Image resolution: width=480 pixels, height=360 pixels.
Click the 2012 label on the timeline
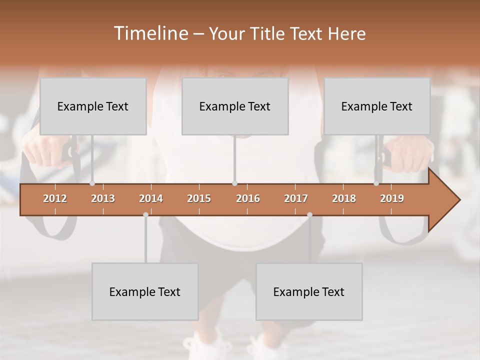tap(55, 198)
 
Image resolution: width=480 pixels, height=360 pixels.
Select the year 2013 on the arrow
tap(103, 198)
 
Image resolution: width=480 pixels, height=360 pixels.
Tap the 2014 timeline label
tap(151, 198)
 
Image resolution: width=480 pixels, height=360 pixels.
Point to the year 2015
tap(199, 198)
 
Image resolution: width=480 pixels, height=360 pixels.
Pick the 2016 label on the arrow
tap(248, 198)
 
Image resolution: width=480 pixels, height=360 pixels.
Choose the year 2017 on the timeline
tap(296, 198)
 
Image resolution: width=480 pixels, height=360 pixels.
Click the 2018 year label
tap(344, 198)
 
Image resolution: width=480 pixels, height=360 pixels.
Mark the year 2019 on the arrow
tap(392, 198)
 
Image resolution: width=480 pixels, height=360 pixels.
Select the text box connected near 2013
tap(93, 106)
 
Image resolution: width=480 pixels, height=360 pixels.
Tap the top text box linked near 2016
tap(235, 106)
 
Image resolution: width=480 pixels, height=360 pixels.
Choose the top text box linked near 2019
tap(377, 106)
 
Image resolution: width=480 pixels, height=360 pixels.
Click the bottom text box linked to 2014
tap(145, 291)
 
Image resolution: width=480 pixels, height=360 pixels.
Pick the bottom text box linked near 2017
tap(309, 291)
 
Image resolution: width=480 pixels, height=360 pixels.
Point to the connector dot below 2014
tap(145, 214)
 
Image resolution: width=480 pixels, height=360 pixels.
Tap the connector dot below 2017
tap(309, 214)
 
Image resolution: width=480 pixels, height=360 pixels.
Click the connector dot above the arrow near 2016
tap(235, 183)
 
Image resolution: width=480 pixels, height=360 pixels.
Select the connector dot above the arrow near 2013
tap(92, 183)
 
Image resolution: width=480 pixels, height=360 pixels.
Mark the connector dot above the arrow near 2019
tap(376, 183)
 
